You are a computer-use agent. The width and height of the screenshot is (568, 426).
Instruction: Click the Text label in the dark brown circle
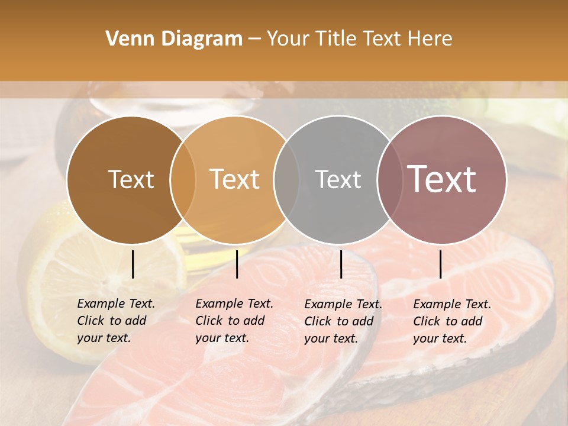pyautogui.click(x=131, y=179)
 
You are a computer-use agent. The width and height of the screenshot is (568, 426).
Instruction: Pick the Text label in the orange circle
pyautogui.click(x=235, y=179)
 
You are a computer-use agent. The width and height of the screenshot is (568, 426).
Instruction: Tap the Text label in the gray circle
pyautogui.click(x=338, y=179)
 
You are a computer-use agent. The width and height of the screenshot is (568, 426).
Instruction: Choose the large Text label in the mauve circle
pyautogui.click(x=442, y=179)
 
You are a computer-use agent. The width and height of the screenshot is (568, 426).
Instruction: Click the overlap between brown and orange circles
pyautogui.click(x=183, y=180)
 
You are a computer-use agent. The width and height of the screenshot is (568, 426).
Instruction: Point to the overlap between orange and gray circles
pyautogui.click(x=286, y=180)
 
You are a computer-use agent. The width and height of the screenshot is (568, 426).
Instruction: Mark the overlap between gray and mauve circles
pyautogui.click(x=390, y=180)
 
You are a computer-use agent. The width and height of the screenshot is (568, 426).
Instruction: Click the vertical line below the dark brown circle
pyautogui.click(x=133, y=264)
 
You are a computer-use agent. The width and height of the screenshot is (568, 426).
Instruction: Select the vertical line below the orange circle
pyautogui.click(x=237, y=264)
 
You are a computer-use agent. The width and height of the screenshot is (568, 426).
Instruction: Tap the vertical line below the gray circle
pyautogui.click(x=341, y=264)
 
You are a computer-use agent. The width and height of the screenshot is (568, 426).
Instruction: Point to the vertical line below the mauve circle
pyautogui.click(x=441, y=264)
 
